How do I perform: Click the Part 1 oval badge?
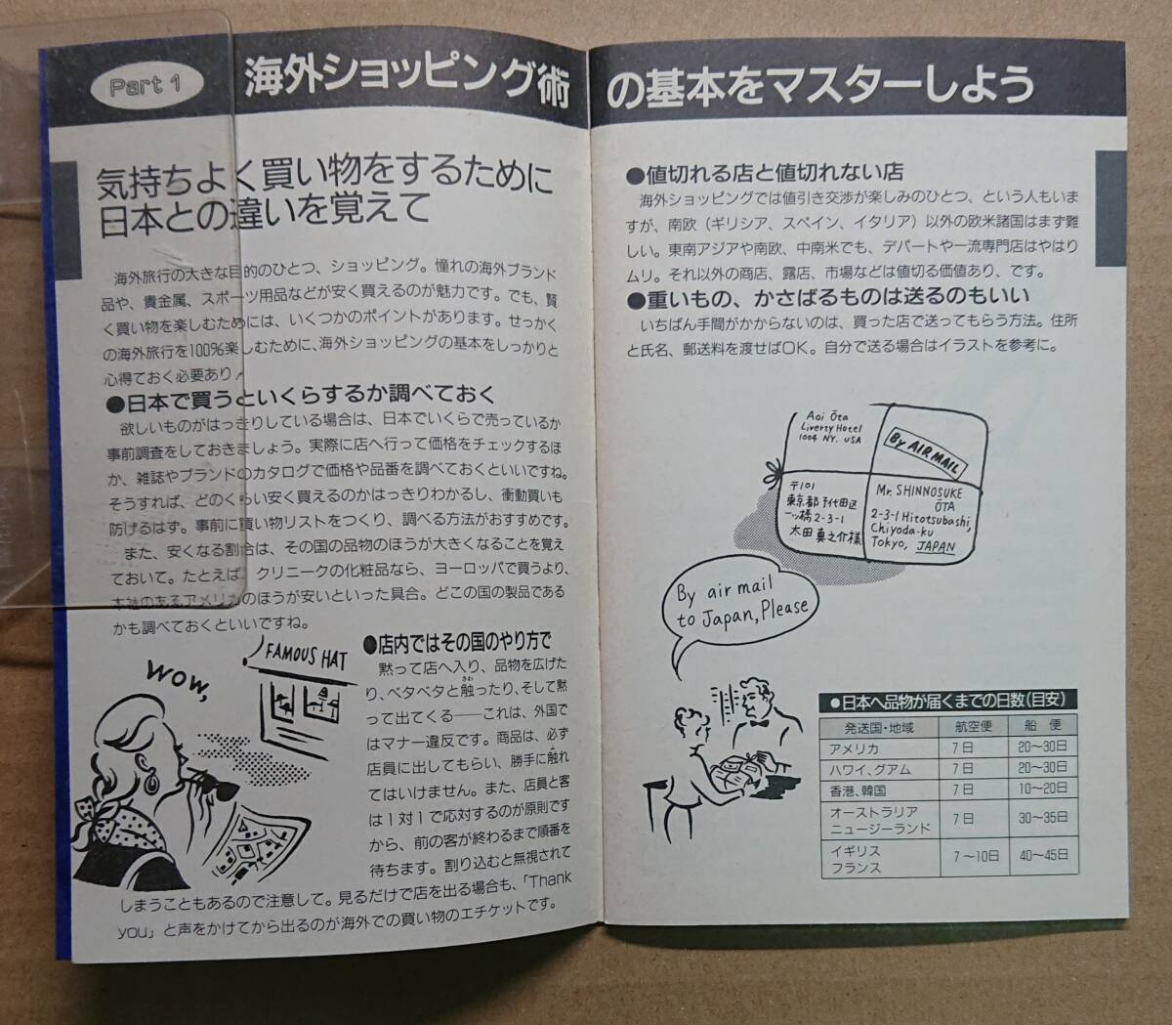click(x=146, y=86)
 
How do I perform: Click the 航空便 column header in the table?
click(x=972, y=726)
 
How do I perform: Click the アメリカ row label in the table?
click(x=855, y=748)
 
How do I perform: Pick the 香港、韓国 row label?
click(x=858, y=790)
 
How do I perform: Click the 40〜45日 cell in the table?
click(x=1042, y=857)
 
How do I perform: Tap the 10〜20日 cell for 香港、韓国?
click(x=1042, y=790)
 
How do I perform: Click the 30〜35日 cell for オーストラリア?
click(x=1042, y=819)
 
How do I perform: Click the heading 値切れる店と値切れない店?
click(x=772, y=174)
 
